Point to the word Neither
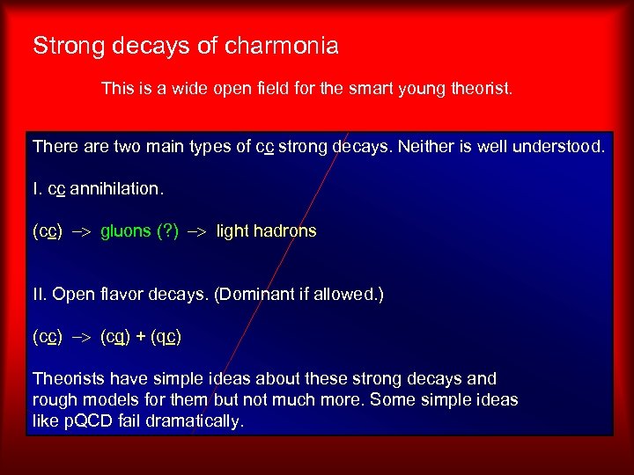point(427,146)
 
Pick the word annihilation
point(121,189)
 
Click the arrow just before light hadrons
point(198,231)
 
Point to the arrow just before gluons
point(81,231)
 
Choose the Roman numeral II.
point(39,294)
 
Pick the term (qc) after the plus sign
point(166,337)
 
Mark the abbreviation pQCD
point(88,421)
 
